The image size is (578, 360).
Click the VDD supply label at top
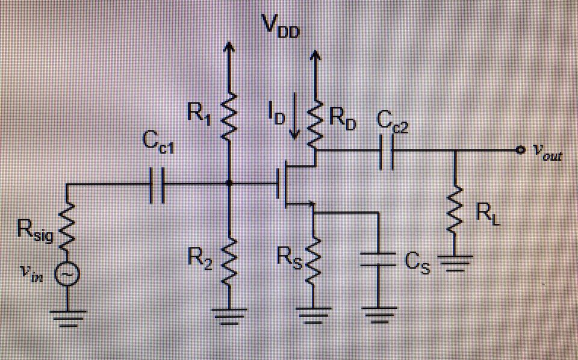click(279, 25)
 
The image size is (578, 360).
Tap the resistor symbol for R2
click(229, 262)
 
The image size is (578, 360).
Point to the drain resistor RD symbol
click(314, 120)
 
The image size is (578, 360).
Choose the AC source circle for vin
click(66, 275)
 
